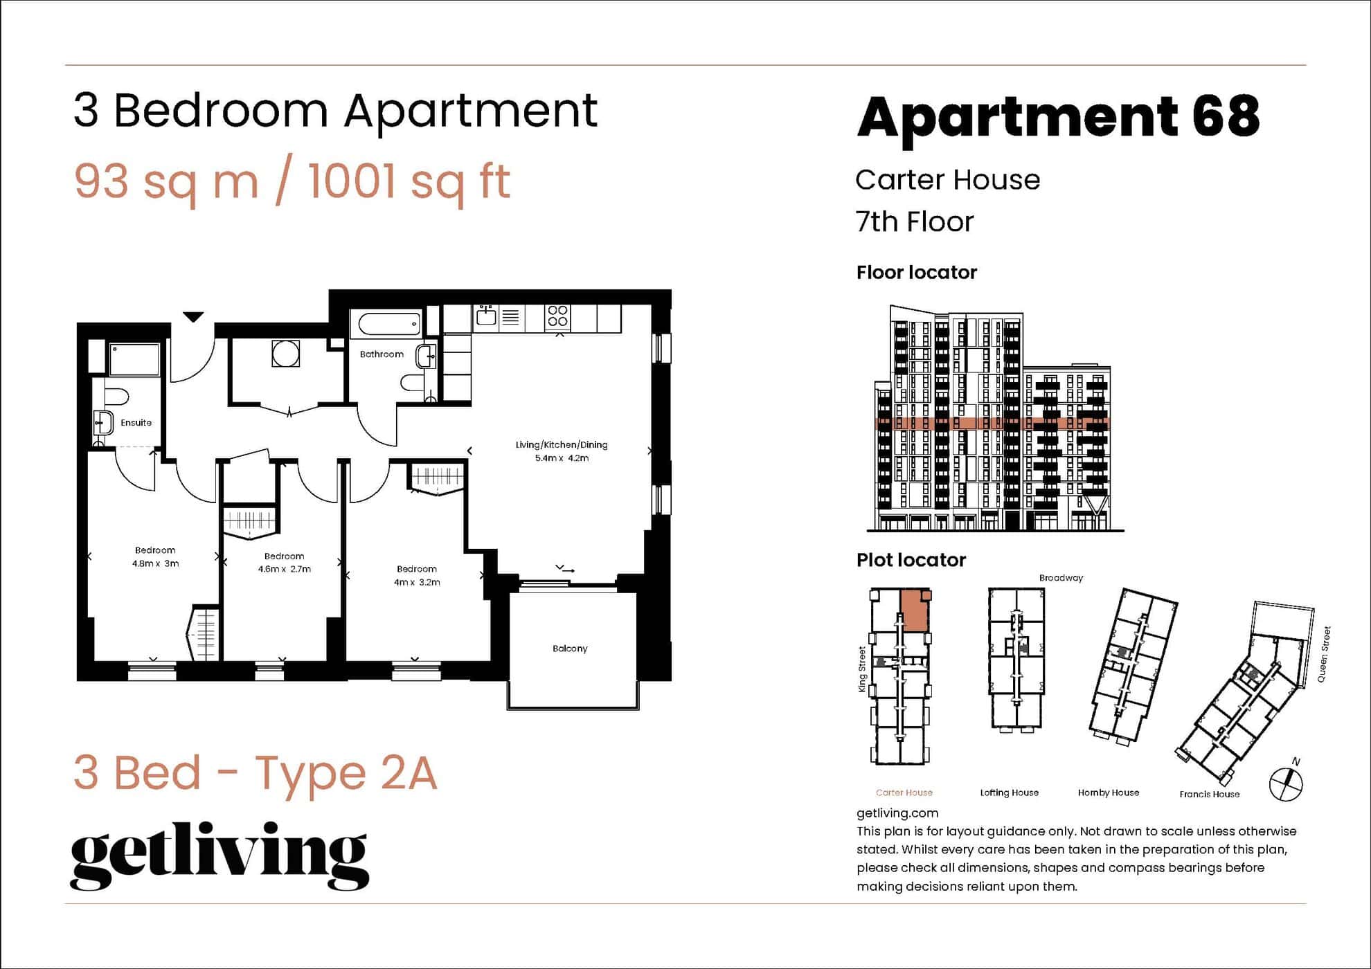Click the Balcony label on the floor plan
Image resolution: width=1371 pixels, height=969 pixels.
coord(570,649)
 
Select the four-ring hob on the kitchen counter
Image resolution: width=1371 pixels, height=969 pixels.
coord(557,316)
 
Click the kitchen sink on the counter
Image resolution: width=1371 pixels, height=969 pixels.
coord(486,316)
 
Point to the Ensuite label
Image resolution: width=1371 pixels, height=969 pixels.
coord(136,422)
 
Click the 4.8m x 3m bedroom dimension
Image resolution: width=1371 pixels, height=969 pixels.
coord(155,563)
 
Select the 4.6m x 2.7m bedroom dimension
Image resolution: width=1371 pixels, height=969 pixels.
coord(284,569)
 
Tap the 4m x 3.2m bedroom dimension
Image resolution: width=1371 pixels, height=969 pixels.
coord(417,582)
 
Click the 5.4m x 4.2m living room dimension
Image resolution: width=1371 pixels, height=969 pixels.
coord(562,458)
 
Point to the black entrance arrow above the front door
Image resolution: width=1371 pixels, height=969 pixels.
coord(193,317)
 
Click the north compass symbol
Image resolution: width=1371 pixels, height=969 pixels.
coord(1286,783)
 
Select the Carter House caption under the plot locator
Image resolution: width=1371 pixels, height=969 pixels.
coord(904,793)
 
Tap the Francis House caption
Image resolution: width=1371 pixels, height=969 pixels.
coord(1209,794)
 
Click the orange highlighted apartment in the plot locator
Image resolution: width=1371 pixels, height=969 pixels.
coord(915,610)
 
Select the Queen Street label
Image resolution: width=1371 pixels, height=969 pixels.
coord(1323,654)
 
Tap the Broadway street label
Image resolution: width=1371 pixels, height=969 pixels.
coord(1060,578)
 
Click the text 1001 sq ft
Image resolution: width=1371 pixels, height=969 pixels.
coord(409,181)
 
